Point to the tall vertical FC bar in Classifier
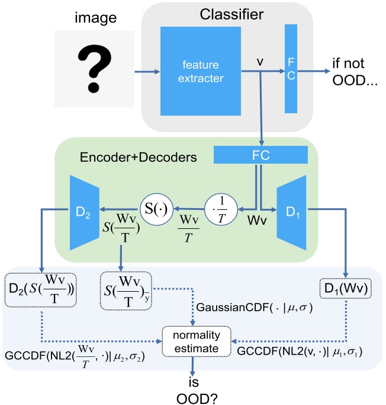coord(291,68)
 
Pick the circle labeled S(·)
coord(156,208)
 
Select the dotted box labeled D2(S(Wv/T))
coord(41,289)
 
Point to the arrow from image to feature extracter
coord(145,72)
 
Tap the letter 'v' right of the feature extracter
coord(260,62)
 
